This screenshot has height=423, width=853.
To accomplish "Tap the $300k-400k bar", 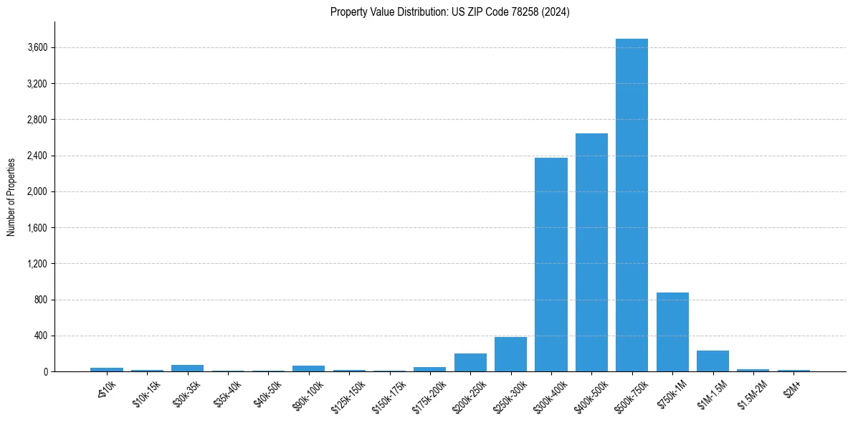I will [551, 265].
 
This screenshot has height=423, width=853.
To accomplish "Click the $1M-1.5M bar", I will [713, 361].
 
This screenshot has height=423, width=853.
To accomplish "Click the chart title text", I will [450, 12].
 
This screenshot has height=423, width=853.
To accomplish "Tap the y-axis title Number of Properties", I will [11, 196].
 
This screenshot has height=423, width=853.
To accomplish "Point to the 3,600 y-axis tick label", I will [37, 48].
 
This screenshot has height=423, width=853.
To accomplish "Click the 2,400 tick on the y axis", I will [37, 156].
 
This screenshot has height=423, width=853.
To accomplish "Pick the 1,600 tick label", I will [37, 228].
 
